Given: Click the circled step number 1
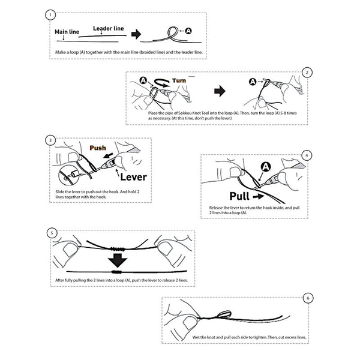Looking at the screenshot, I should tap(51, 14).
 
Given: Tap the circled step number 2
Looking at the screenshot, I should tap(307, 73).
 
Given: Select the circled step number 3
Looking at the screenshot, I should tap(50, 140).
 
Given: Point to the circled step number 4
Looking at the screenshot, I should tap(307, 155).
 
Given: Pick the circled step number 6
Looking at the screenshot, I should tap(308, 298).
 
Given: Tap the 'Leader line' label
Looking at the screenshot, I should tap(109, 28).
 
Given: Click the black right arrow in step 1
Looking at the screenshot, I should tap(138, 34).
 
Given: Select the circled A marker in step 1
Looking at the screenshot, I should tap(189, 30).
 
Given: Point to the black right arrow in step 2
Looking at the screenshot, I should tap(220, 91).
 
